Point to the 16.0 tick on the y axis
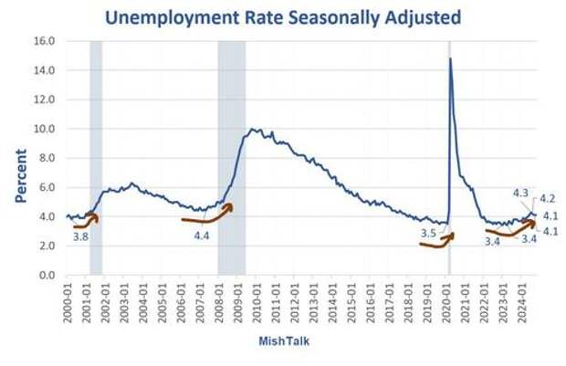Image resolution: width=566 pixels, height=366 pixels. coord(45,41)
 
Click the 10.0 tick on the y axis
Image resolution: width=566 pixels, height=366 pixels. coord(45,129)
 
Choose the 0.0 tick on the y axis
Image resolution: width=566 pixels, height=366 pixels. coord(47,275)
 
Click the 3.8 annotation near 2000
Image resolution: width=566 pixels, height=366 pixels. coord(81,236)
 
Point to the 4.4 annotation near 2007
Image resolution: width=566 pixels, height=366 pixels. coord(202,235)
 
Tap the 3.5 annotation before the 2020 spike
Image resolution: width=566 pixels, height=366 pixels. coord(428,234)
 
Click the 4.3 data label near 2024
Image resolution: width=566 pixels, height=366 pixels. coord(521,193)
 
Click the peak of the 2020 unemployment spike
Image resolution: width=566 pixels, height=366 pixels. coord(450,59)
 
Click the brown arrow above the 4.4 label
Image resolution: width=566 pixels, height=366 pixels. coord(210,215)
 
